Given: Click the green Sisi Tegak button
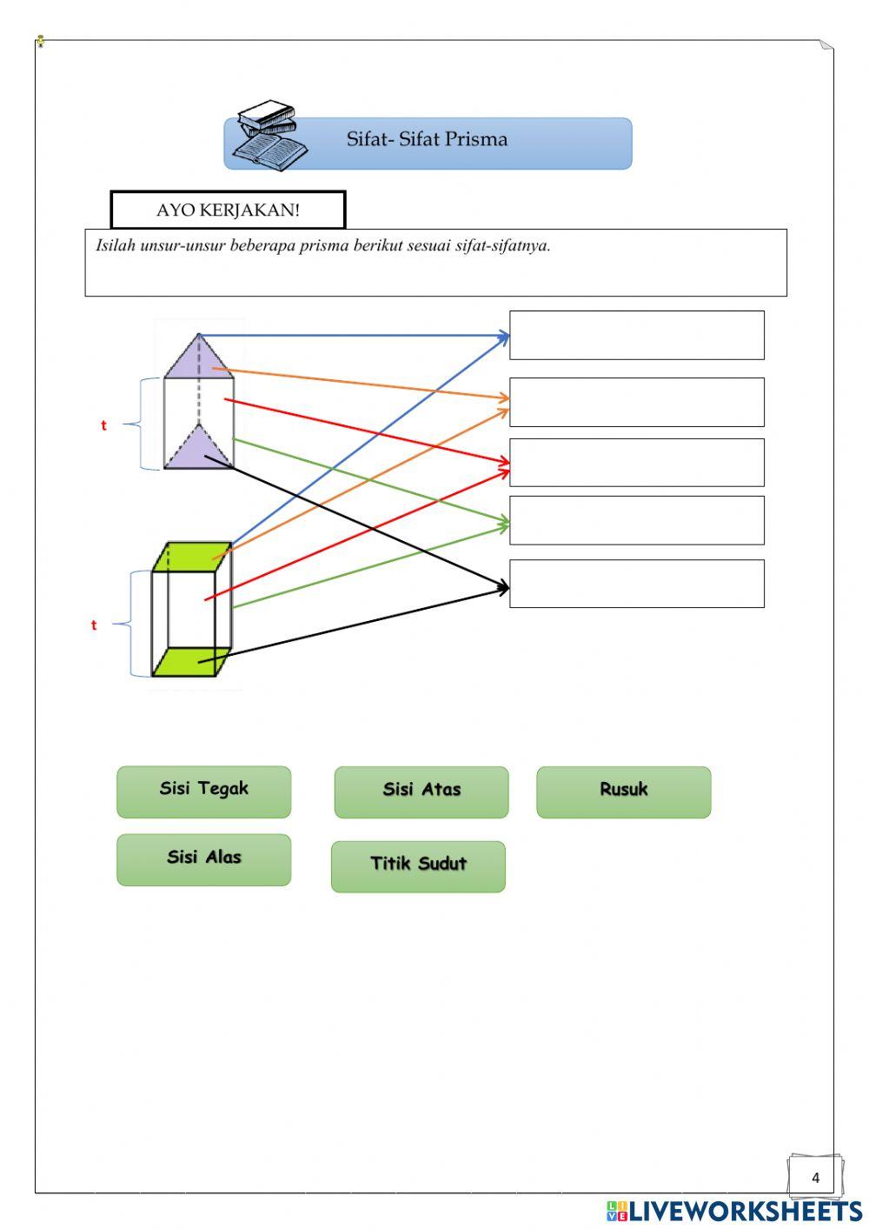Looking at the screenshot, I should click(203, 792).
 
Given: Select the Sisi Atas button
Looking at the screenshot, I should click(421, 792).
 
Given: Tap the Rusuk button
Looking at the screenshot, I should click(623, 792).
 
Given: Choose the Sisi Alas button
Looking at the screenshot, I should click(203, 859).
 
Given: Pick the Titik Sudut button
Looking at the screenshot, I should click(418, 865).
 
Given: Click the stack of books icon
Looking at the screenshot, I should click(269, 136).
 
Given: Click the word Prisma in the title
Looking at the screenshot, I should click(475, 139).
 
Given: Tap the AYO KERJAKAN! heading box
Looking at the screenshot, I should click(228, 210).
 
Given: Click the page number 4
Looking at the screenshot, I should click(815, 1178).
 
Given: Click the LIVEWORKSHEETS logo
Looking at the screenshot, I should click(734, 1210).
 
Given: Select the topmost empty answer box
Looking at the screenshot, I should click(636, 335).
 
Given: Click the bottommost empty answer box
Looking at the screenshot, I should click(636, 584).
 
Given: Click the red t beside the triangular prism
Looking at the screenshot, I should click(103, 425).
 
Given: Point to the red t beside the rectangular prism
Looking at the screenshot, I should click(94, 625).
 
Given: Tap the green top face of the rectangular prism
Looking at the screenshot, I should click(193, 557).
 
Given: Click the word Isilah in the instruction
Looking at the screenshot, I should click(115, 245).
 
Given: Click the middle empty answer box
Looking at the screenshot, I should click(636, 462).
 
